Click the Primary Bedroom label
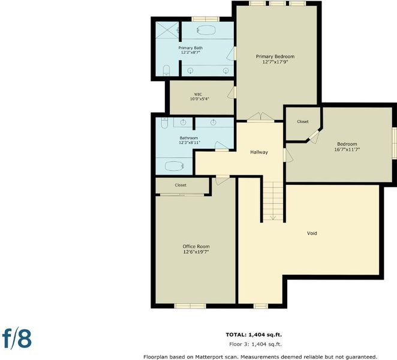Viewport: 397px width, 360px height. (x=275, y=56)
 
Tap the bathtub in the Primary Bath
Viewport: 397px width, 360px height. (x=206, y=30)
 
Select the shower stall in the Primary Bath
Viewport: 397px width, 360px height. (x=167, y=30)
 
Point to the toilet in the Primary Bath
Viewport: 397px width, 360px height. (x=166, y=70)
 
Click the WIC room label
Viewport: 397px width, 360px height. (x=198, y=94)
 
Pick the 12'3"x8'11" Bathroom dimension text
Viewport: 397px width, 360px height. (x=190, y=143)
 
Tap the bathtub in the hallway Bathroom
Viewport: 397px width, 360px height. (x=175, y=166)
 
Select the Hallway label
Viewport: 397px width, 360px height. (x=259, y=152)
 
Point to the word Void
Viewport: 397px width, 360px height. (x=312, y=233)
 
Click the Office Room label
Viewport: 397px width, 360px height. (x=196, y=246)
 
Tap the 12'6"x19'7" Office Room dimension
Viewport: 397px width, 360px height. (x=196, y=252)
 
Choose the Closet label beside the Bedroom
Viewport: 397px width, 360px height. (x=303, y=122)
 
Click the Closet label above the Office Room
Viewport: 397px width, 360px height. (x=181, y=185)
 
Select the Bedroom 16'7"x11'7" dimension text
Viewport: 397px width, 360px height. (x=347, y=149)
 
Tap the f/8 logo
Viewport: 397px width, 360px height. (x=17, y=338)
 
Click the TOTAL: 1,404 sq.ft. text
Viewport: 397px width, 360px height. (x=254, y=335)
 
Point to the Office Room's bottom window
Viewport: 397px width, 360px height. (x=190, y=306)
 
